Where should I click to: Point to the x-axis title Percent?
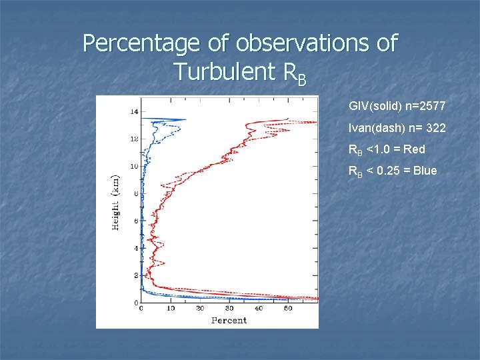[229, 320]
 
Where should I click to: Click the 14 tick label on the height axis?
[134, 111]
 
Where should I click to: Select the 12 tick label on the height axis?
[134, 139]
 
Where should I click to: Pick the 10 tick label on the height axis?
[134, 166]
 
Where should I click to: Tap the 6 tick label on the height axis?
[136, 221]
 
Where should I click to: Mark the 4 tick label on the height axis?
[136, 248]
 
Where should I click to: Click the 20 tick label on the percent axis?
[199, 309]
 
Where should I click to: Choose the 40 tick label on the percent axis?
[259, 309]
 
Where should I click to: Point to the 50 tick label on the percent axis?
[288, 309]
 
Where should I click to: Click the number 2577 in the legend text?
[432, 106]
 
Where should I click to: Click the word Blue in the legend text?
[425, 170]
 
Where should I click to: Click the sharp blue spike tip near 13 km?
[185, 120]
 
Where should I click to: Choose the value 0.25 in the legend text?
[390, 170]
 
